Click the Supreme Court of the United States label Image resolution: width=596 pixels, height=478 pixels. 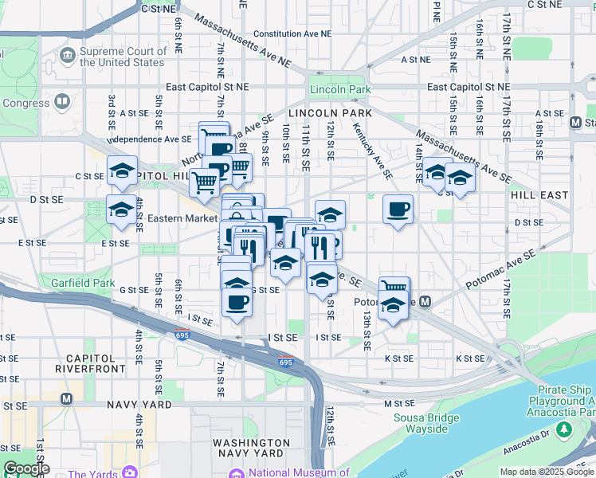122,57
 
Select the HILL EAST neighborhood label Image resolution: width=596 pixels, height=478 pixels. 539,195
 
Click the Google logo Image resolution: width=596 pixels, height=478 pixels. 26,468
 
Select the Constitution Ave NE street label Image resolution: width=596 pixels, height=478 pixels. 292,35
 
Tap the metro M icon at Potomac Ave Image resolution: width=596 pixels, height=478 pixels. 426,301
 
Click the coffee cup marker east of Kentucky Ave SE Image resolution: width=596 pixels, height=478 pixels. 398,210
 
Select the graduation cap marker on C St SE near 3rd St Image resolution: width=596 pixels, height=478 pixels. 122,171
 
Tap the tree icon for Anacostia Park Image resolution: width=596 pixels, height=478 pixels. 564,429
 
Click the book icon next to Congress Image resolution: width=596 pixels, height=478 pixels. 61,103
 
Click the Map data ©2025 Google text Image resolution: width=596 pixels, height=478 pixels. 546,472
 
